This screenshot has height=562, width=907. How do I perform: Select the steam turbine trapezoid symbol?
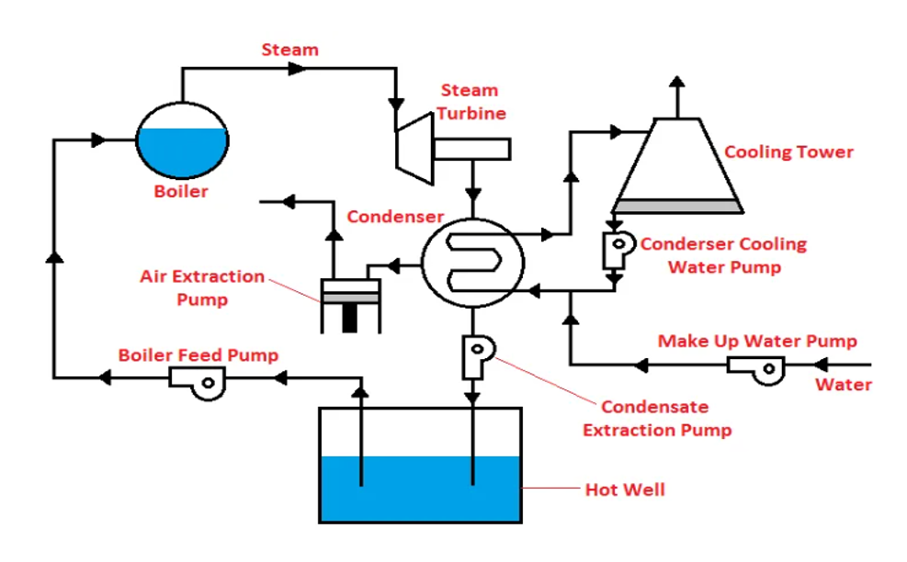414,149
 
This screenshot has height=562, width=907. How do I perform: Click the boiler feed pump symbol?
198,383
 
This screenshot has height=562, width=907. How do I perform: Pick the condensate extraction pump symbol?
478,356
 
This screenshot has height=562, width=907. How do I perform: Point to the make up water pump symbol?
756,370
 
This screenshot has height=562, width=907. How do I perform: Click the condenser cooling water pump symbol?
618,251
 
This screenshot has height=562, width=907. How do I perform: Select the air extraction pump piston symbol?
350,306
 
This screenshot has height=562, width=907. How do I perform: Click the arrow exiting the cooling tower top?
677,96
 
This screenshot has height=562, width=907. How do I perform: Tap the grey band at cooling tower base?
677,206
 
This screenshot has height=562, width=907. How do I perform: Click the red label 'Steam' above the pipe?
289,50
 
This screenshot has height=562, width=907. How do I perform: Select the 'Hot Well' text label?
625,489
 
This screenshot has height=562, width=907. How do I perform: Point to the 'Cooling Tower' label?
789,152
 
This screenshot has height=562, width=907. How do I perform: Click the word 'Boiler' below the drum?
181,191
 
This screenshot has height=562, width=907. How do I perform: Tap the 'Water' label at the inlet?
844,385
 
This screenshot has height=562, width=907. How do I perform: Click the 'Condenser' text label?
395,217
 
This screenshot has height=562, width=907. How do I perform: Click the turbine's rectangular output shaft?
471,149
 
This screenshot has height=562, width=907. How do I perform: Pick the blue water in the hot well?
421,489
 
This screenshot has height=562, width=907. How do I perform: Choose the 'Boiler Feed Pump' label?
198,355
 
